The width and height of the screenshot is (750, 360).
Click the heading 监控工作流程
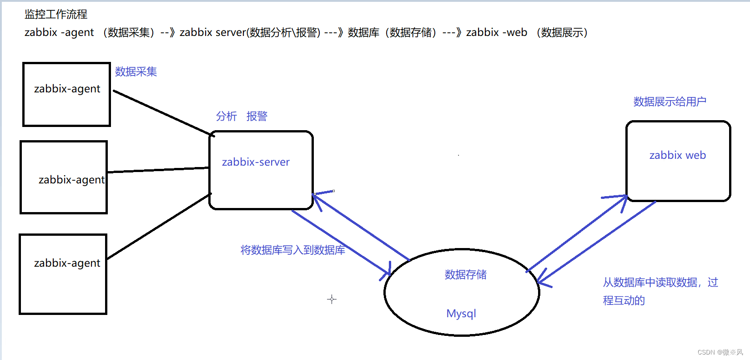coord(56,15)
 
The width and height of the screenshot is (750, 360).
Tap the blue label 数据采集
coord(136,72)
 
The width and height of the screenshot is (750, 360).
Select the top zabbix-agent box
coord(67,94)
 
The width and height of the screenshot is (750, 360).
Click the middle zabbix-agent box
coord(64,177)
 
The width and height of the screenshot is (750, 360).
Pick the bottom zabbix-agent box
coord(63,274)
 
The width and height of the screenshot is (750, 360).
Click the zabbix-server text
coord(256,162)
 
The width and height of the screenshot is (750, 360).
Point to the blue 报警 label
coord(257,117)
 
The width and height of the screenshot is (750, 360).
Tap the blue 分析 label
coord(227,117)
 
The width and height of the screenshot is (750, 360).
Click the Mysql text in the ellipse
coord(461,314)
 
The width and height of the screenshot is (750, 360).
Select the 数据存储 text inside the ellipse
coord(465,274)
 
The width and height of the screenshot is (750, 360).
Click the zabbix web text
coord(678,155)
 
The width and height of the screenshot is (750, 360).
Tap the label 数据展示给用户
coord(669,102)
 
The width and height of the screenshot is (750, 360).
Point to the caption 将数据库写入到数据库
coord(292,250)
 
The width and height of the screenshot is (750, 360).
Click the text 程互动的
coord(624,300)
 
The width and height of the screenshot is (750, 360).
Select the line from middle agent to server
coord(158,170)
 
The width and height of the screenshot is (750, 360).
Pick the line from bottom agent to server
coord(159,226)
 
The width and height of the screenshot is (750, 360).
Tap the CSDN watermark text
coord(720,352)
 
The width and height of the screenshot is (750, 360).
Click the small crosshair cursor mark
coord(332,299)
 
